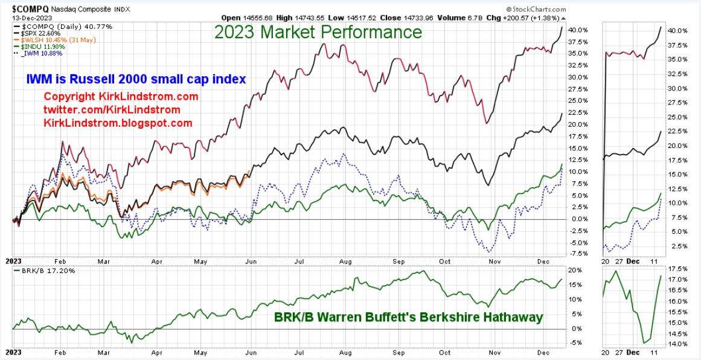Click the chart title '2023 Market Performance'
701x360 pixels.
click(x=318, y=32)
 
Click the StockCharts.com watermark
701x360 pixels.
click(x=537, y=10)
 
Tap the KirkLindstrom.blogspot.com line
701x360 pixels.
click(x=118, y=123)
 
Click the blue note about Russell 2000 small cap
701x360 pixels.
click(x=136, y=79)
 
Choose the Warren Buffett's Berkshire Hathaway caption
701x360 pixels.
click(x=408, y=317)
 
